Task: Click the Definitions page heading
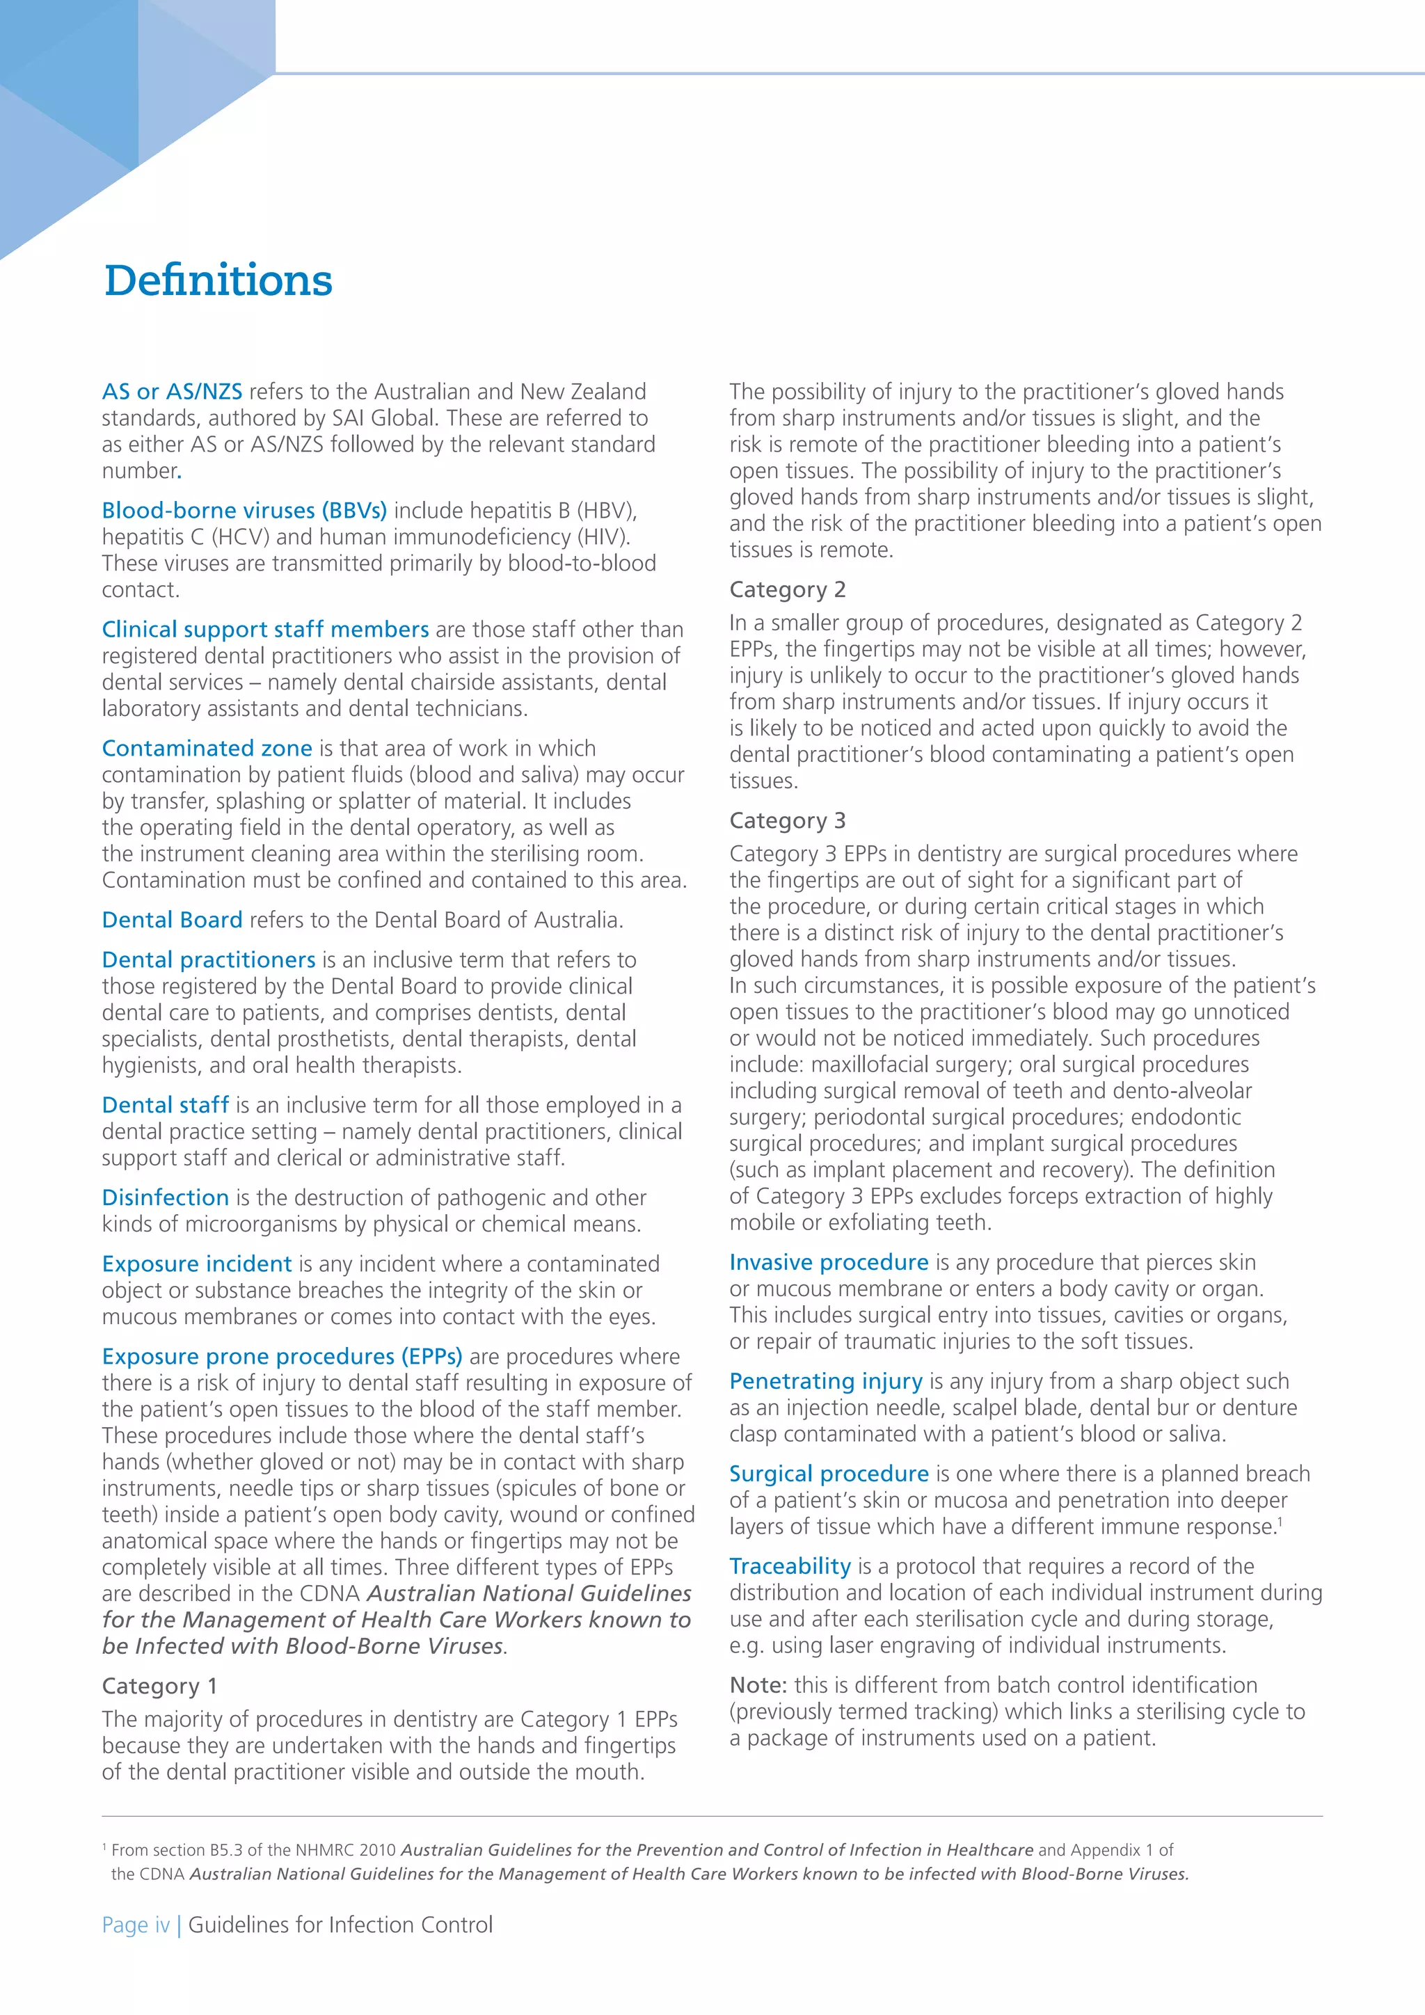pos(218,281)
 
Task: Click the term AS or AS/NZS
pos(172,392)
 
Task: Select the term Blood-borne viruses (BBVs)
pos(244,511)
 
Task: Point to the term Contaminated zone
pos(207,749)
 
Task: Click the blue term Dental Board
pos(172,920)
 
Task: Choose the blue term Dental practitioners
pos(208,960)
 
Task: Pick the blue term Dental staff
pos(165,1105)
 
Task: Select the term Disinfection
pos(165,1198)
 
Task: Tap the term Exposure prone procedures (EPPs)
pos(282,1357)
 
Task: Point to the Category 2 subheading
pos(787,590)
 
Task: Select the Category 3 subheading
pos(787,820)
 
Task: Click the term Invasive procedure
pos(828,1263)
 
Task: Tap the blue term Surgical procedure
pos(828,1474)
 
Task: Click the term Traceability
pos(790,1566)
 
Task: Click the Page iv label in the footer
pos(136,1925)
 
